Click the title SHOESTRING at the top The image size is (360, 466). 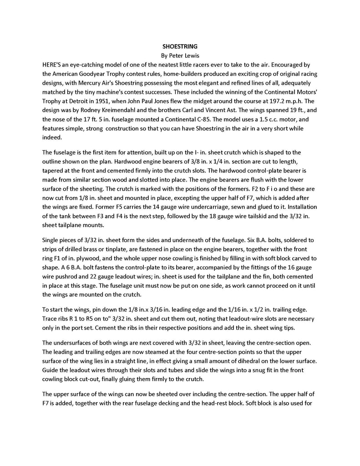180,46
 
